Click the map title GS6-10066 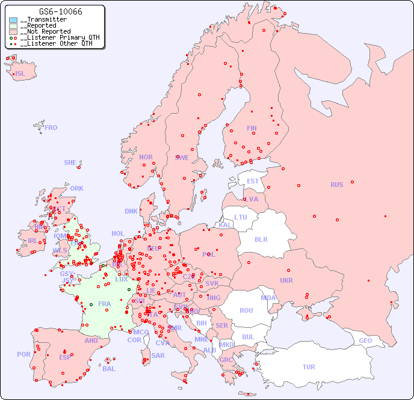60,11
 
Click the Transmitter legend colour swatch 13,20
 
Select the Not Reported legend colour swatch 13,31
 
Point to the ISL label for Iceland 20,74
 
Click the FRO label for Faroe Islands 51,128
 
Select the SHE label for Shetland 70,162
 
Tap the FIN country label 252,128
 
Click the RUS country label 336,185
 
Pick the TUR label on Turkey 309,367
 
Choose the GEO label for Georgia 365,340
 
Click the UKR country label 286,280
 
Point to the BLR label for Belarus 261,239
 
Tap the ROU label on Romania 246,310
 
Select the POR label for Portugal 23,354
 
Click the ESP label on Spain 65,357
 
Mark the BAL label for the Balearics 109,369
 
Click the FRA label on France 105,304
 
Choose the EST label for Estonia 253,181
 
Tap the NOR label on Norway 146,157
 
